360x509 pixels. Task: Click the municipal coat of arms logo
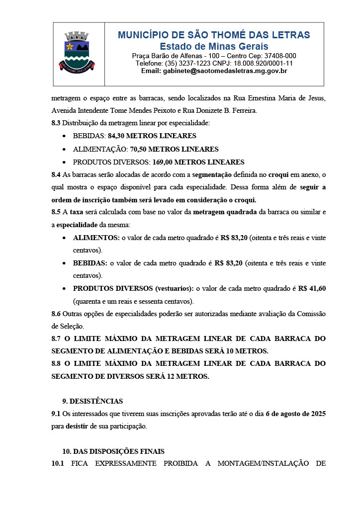tap(77, 51)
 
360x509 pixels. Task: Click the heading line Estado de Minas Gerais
tap(214, 46)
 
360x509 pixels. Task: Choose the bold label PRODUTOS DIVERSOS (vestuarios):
tap(133, 288)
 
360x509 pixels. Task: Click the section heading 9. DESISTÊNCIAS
tap(92, 401)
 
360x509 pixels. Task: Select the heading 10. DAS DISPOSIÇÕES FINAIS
tap(113, 451)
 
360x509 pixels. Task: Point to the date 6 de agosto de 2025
tap(296, 414)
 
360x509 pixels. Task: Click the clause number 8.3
tap(56, 123)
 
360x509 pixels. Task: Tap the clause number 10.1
tap(58, 464)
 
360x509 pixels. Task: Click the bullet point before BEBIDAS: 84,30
tap(65, 136)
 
